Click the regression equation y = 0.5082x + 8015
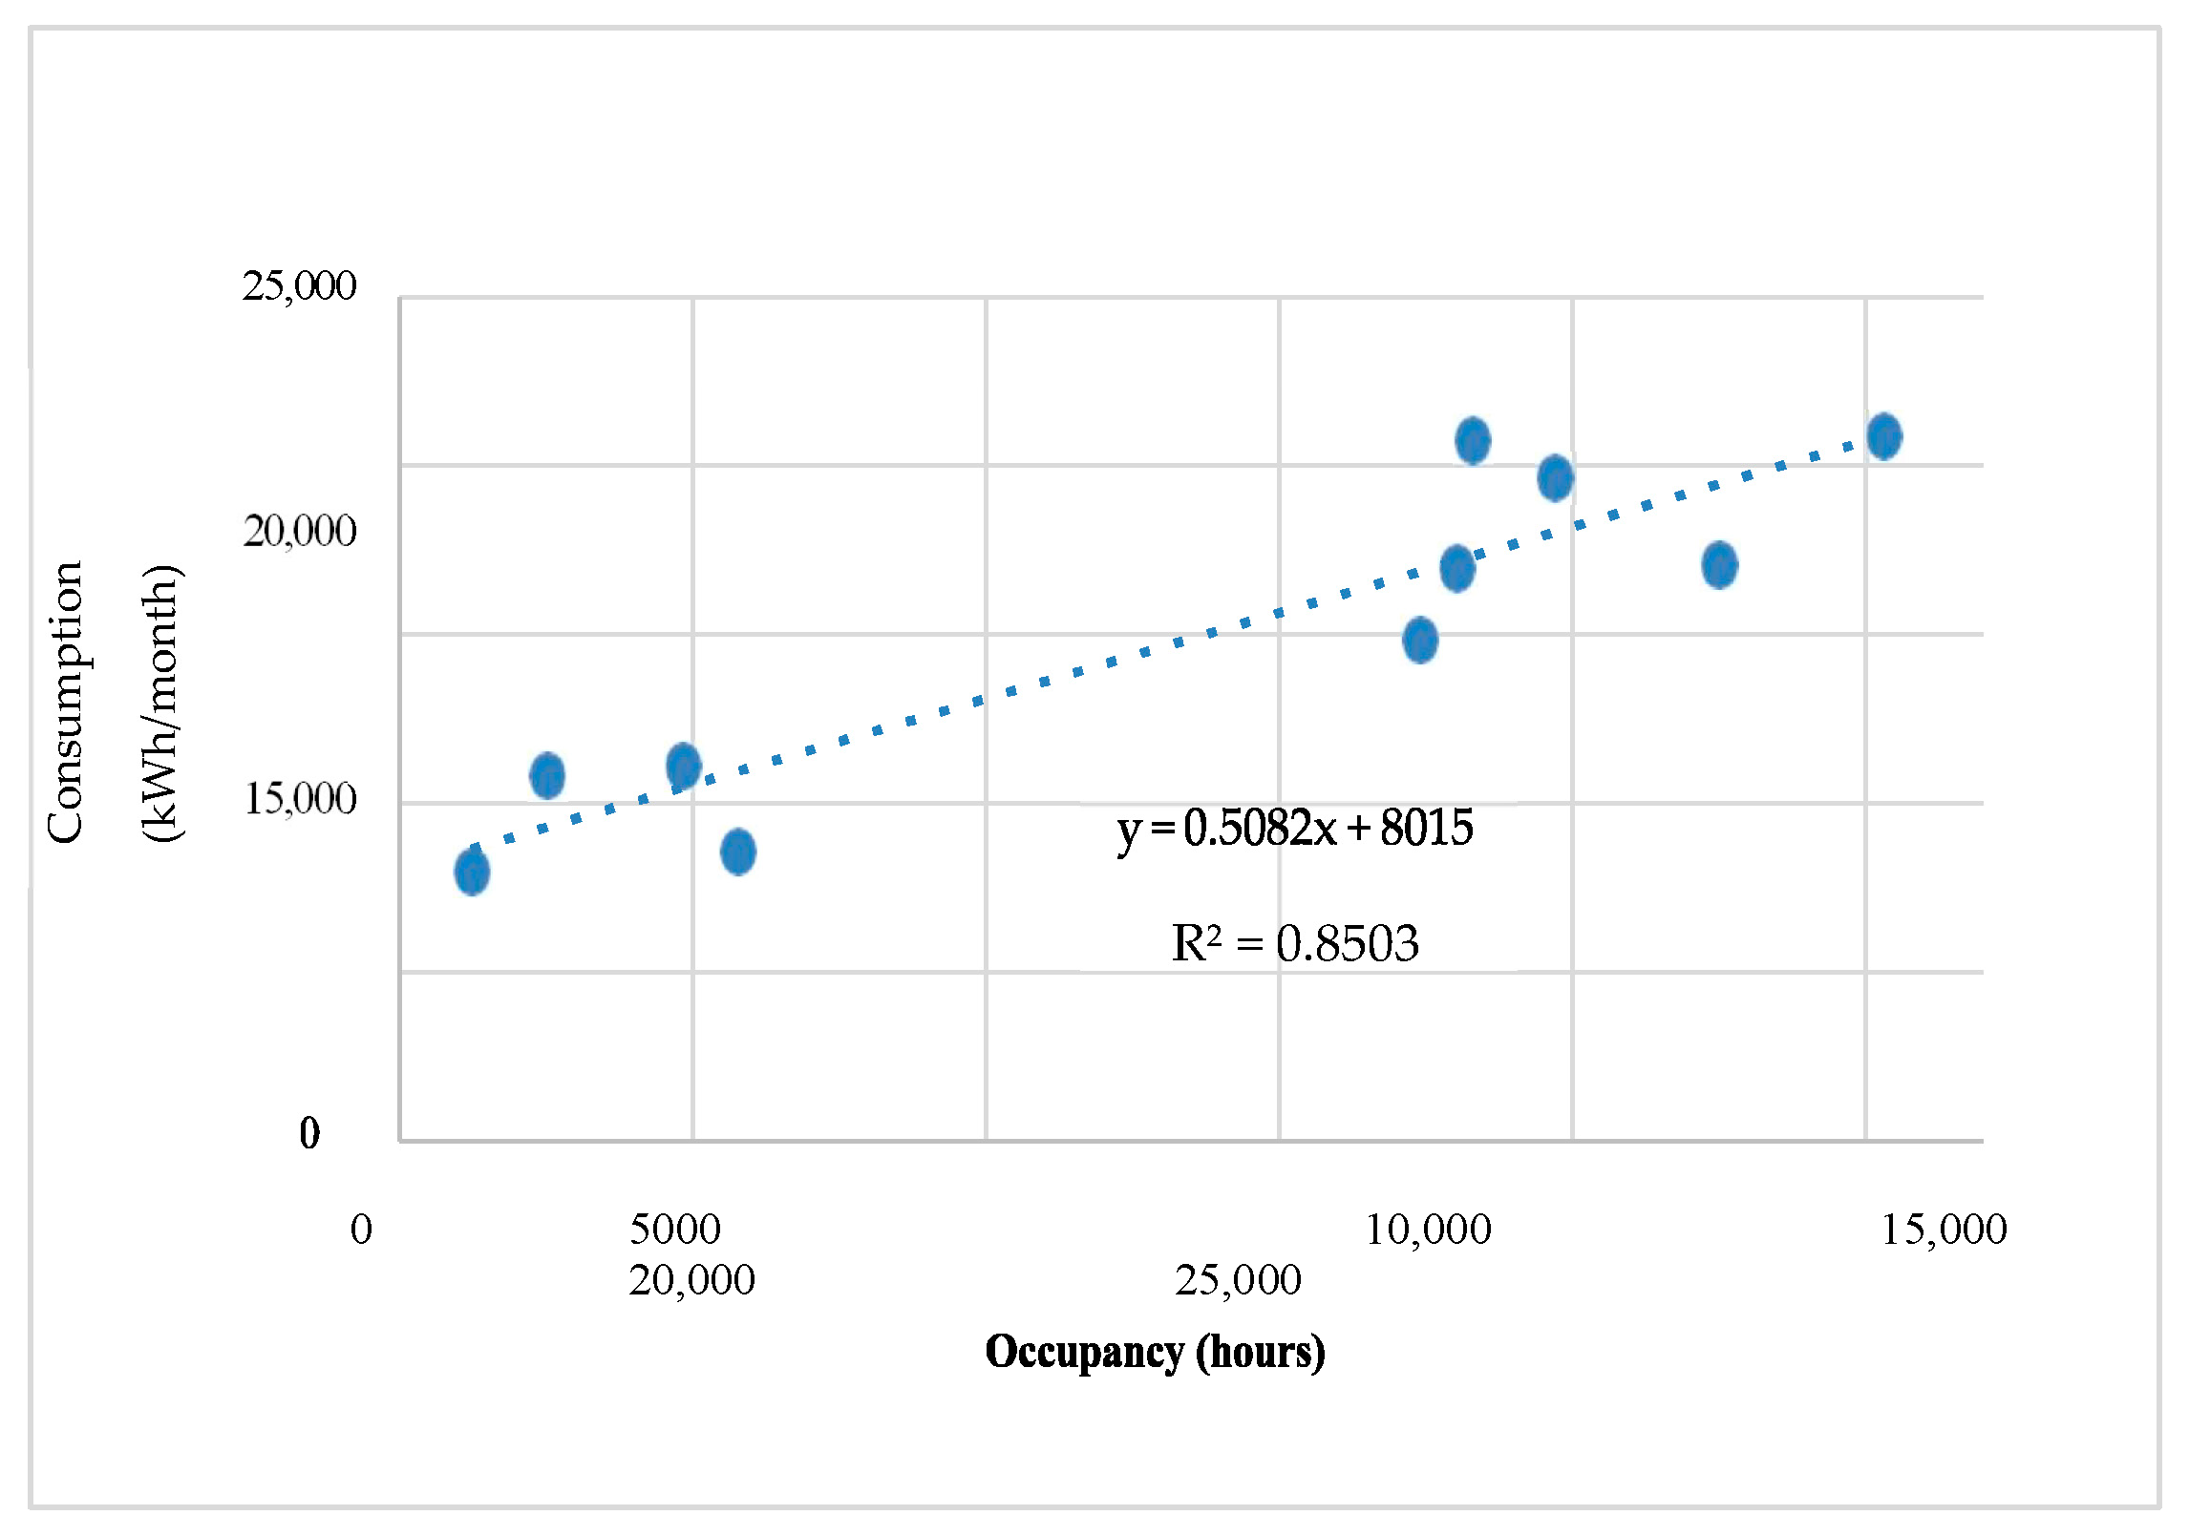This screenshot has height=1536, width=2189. pos(1294,828)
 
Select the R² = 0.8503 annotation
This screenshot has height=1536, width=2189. pos(1294,944)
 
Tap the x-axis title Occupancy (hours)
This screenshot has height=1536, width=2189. pos(1155,1352)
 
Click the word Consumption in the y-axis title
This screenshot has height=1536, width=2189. pos(66,703)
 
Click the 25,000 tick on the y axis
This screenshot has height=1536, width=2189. pos(299,285)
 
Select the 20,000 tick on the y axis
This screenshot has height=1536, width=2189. pos(299,531)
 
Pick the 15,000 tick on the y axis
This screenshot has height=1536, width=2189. pos(299,798)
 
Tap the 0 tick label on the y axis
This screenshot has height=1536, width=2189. pos(309,1133)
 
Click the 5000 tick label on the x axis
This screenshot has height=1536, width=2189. pos(675,1230)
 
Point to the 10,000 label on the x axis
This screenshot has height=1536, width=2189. pos(1428,1230)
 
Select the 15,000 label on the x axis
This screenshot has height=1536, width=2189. pos(1944,1230)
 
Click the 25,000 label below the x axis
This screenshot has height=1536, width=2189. pos(1238,1280)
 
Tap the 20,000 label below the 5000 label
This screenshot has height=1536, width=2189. pos(691,1280)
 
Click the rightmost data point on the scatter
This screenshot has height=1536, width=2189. pos(1884,436)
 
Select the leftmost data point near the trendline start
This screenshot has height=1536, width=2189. pos(472,871)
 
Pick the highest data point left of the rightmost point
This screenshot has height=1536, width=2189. pos(1473,440)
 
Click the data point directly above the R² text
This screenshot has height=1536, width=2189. pos(1420,640)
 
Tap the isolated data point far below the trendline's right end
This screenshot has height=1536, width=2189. pos(1719,565)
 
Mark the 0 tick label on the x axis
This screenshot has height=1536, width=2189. pos(361,1230)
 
